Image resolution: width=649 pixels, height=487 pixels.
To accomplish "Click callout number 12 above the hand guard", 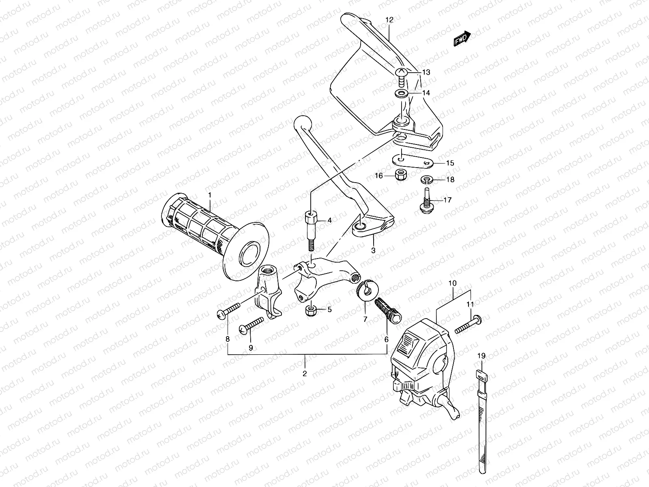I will [x=389, y=19].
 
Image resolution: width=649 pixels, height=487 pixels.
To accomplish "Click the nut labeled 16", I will [x=402, y=176].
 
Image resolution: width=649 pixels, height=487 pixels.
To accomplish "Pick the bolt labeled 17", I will [x=426, y=200].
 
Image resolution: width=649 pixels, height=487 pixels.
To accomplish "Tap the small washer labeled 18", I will [x=427, y=179].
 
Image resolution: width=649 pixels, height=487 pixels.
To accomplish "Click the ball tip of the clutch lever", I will [x=302, y=122].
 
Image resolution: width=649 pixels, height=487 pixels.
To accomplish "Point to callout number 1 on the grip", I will [x=210, y=195].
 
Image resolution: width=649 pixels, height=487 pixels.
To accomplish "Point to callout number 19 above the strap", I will [x=481, y=356].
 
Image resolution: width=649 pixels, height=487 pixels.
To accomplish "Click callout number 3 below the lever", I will [x=373, y=250].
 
